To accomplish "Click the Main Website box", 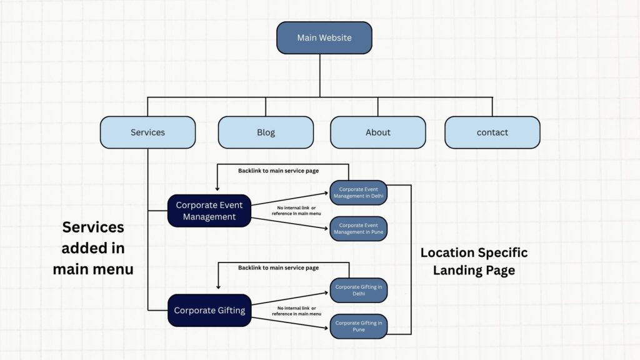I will tap(324, 37).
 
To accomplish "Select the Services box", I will tap(147, 132).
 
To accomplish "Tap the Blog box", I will tap(266, 132).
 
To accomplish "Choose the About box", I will tap(377, 132).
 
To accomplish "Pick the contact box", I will tap(492, 132).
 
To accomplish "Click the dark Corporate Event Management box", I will tap(209, 211).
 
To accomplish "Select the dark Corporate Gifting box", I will tap(209, 310).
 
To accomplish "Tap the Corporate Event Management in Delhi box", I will tap(359, 192).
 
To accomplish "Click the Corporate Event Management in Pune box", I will tap(359, 229).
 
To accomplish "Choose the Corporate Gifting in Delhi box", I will tap(359, 290).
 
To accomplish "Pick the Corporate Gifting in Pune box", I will tap(359, 326).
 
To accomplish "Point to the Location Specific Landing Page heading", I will tap(474, 261).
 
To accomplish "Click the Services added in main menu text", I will tap(93, 248).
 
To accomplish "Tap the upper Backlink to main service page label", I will tap(278, 171).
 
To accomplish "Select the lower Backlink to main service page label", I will tap(278, 268).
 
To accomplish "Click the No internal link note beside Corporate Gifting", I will tap(296, 311).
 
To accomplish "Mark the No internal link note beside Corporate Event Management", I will tap(296, 211).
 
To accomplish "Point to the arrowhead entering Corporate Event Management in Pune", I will tap(326, 228).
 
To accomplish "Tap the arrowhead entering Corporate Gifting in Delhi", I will tap(326, 290).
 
